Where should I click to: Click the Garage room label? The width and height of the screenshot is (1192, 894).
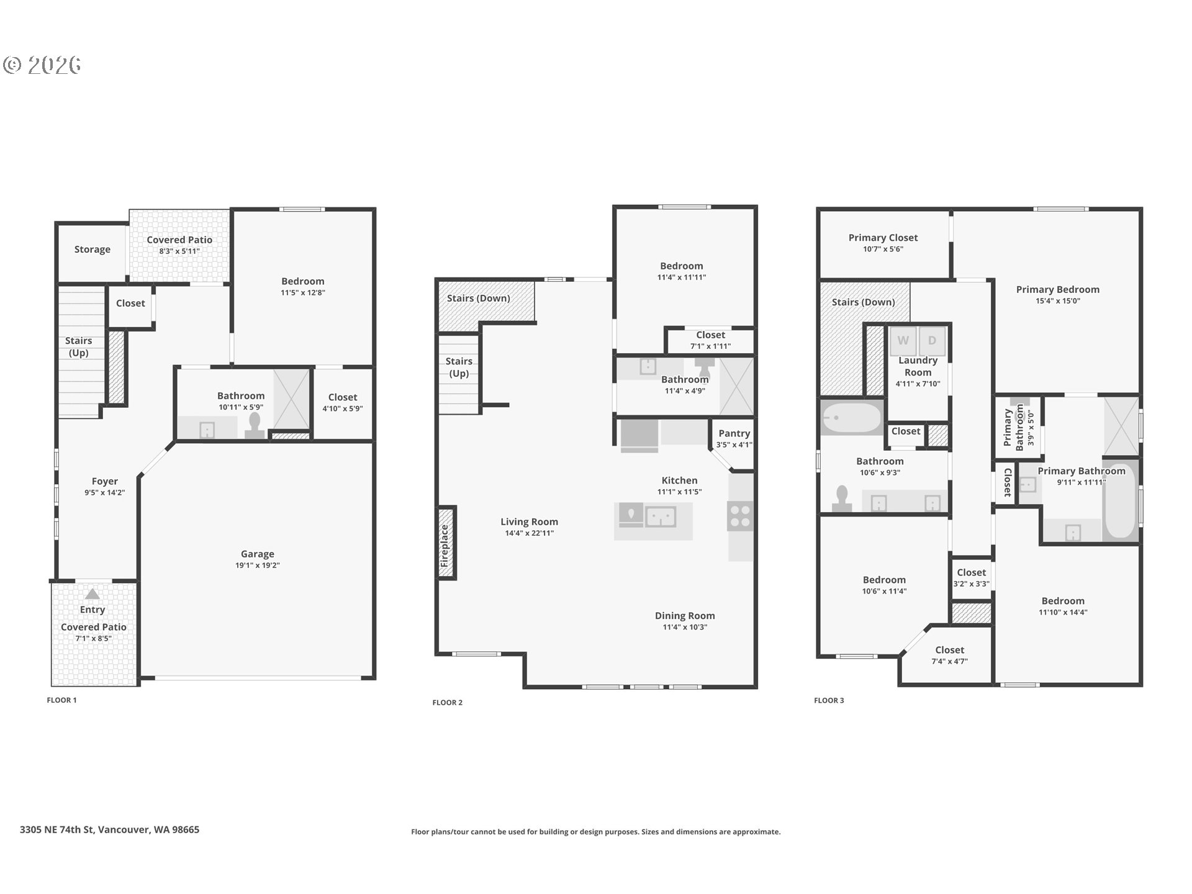(x=258, y=554)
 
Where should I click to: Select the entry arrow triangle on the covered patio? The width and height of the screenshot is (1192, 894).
(x=92, y=594)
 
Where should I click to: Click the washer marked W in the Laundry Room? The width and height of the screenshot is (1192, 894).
(x=903, y=341)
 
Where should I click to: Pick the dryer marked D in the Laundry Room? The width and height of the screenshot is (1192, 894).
(x=932, y=341)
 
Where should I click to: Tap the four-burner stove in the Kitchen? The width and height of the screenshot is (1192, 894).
(x=741, y=517)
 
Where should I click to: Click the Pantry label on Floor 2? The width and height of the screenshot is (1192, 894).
(x=734, y=433)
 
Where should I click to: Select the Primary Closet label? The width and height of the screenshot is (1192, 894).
(x=883, y=238)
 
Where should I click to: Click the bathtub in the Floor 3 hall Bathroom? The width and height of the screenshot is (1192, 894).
(x=851, y=417)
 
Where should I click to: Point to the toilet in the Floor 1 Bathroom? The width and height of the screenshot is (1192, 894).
(x=254, y=427)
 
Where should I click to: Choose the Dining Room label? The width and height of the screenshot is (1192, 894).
(x=685, y=616)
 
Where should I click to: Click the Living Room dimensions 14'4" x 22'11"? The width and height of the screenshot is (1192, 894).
(x=530, y=533)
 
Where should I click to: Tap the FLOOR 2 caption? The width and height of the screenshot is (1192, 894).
(x=448, y=703)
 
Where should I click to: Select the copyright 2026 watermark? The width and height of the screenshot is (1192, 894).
(x=42, y=65)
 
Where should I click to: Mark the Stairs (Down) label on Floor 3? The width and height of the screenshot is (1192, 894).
(x=863, y=302)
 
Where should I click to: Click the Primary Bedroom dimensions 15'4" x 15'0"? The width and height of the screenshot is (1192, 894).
(x=1058, y=301)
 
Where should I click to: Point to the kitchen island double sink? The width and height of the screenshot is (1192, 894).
(x=661, y=517)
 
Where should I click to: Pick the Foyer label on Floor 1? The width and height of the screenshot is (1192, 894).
(x=105, y=482)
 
